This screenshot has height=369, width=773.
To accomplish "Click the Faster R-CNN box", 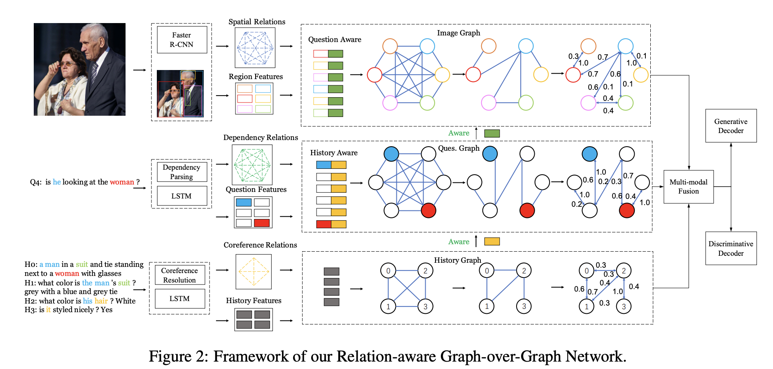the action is [x=182, y=40].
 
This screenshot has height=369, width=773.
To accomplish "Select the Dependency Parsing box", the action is [x=182, y=172].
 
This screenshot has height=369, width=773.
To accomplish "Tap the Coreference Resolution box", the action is [x=179, y=275].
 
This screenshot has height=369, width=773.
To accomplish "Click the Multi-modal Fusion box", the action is [x=689, y=187].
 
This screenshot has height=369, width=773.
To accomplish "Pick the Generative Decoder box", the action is [x=731, y=126].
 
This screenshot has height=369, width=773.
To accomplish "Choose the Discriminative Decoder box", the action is [x=731, y=248].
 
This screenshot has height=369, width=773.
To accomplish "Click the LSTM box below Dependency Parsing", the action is [x=182, y=196].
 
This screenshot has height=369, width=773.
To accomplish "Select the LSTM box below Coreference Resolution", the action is [x=179, y=299].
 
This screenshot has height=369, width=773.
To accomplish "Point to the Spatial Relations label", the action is [x=257, y=22].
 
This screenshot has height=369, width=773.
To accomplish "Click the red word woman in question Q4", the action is [x=122, y=182].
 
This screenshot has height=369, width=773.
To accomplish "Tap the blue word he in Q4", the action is [x=57, y=182].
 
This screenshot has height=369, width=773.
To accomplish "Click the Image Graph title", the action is [x=459, y=33].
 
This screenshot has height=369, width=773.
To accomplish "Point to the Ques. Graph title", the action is [x=459, y=148].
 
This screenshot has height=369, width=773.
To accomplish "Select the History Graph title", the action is [x=458, y=260].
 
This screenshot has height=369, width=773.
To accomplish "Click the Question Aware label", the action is [x=335, y=40].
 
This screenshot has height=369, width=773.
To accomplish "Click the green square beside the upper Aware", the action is [x=492, y=133].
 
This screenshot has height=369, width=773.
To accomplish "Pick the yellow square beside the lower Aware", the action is [x=492, y=242].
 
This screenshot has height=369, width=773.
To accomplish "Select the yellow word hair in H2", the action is [x=101, y=301].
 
